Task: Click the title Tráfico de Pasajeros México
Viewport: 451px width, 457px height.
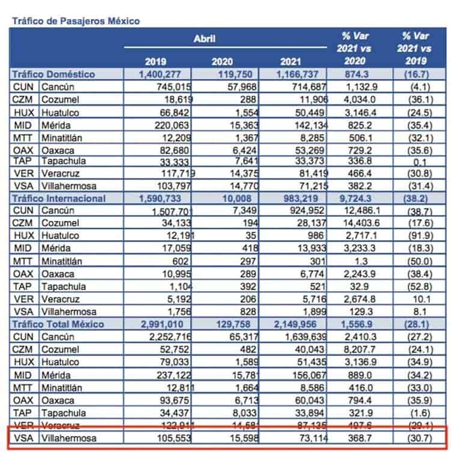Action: [x=75, y=20]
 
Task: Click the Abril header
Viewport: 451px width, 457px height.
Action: [x=204, y=39]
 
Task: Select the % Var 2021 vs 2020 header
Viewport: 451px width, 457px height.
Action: [x=355, y=48]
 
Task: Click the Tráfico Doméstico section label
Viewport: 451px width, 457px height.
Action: [x=54, y=74]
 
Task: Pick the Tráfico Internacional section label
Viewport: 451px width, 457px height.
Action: [x=59, y=198]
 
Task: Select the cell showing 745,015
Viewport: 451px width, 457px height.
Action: [x=174, y=87]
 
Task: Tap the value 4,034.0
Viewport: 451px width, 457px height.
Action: [x=358, y=100]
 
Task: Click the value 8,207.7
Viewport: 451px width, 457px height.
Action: [x=358, y=350]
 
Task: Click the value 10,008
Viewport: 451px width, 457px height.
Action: [x=230, y=198]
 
